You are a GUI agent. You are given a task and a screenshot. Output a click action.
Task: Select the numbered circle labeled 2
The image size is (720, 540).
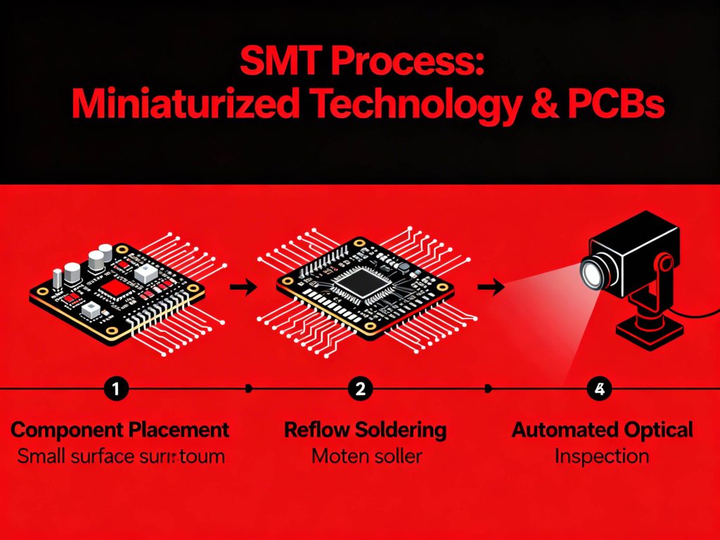pos(360,388)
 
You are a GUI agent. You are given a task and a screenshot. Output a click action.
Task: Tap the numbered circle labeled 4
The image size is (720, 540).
pos(599,388)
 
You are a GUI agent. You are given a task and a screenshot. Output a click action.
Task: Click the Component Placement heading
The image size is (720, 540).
pos(120,430)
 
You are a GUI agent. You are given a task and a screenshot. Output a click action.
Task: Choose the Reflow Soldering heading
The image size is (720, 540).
pos(365,430)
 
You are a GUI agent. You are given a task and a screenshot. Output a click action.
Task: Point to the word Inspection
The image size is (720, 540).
pos(601,456)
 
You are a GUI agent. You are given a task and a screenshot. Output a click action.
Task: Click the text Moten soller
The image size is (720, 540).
pos(366,456)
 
